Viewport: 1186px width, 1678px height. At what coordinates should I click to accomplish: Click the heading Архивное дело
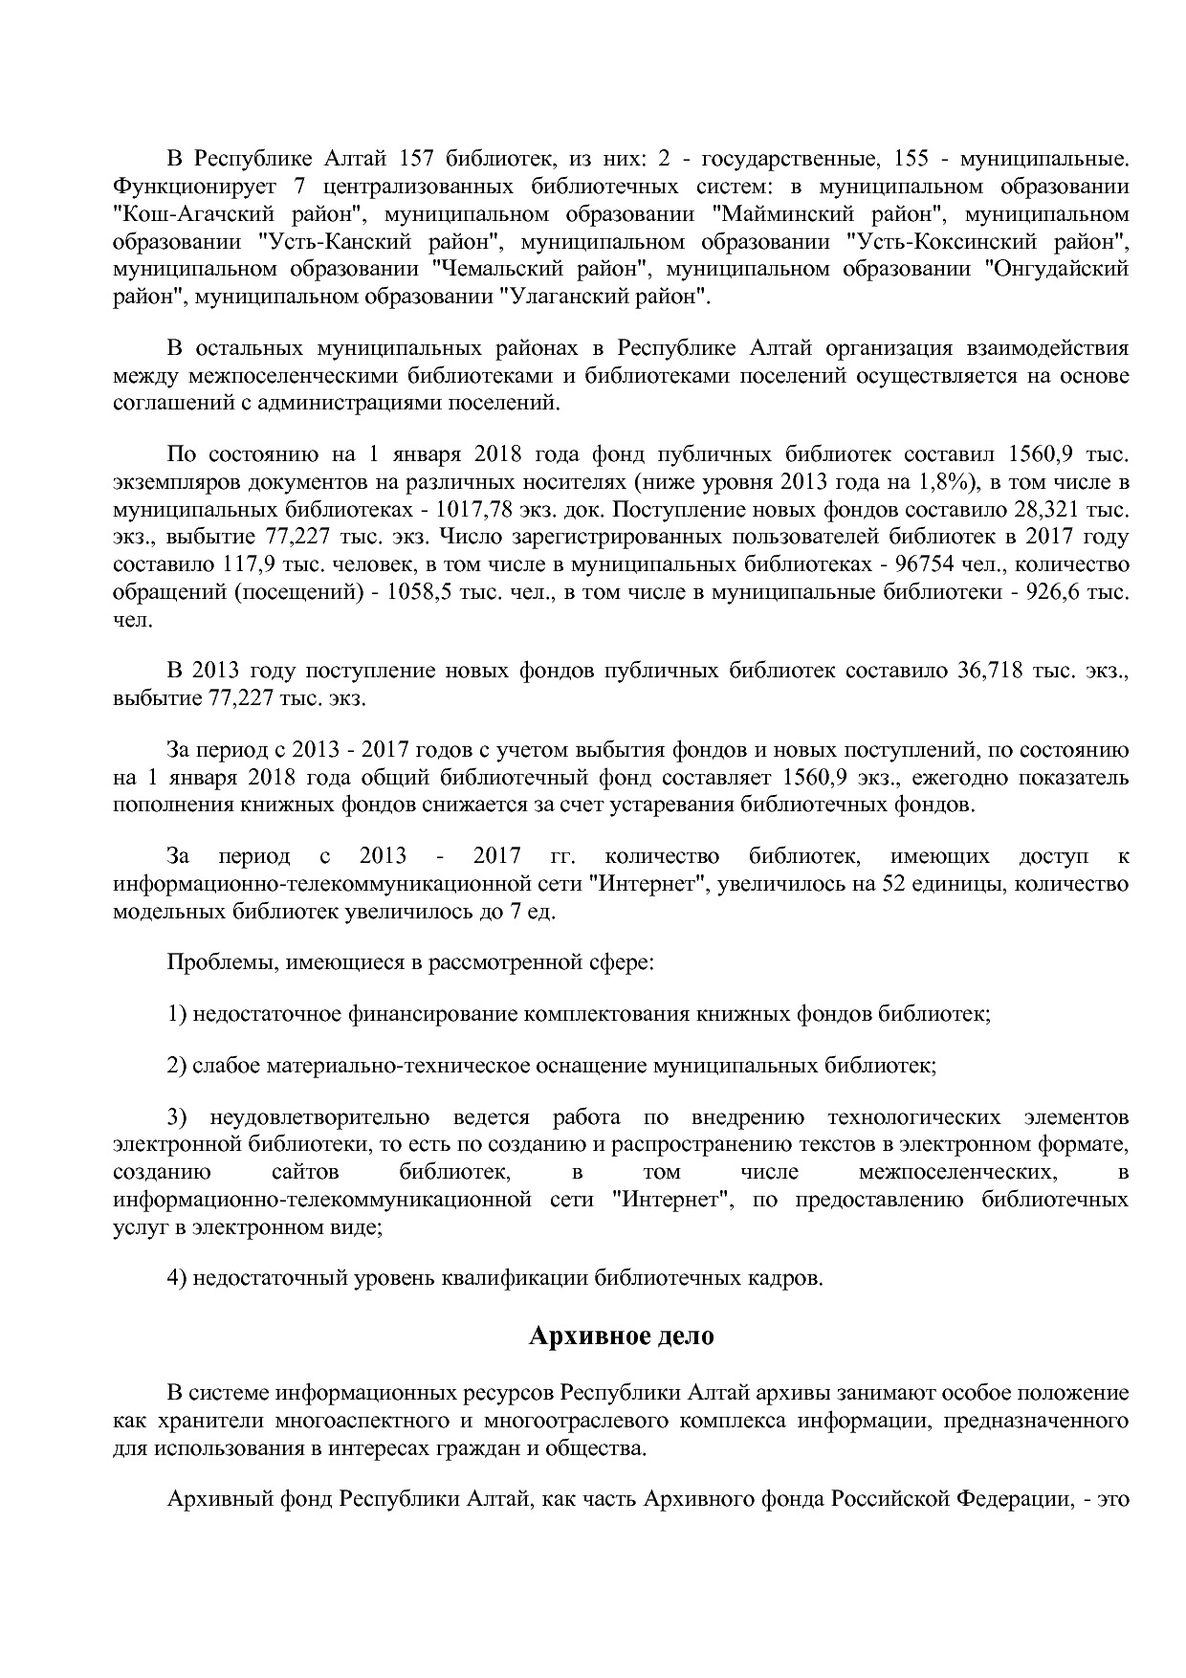[x=621, y=1336]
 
